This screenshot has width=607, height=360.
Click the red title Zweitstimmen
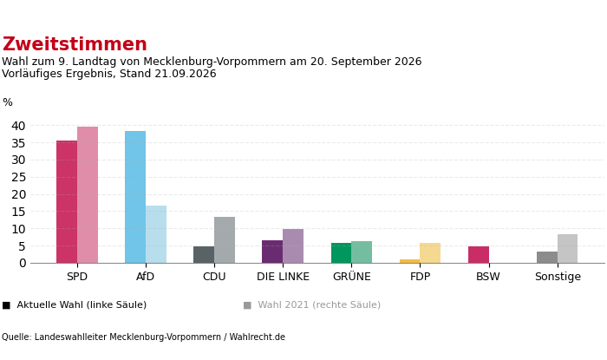coord(75,44)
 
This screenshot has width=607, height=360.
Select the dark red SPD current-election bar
coord(67,201)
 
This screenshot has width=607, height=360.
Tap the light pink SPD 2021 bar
coord(88,194)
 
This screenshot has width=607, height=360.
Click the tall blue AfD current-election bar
coord(135,197)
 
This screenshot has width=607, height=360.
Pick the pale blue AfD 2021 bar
coord(156,234)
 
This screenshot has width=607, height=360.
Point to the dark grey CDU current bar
coord(204,255)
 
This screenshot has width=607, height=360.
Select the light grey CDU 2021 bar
coord(225,240)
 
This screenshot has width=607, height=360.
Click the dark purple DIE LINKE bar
coord(272,252)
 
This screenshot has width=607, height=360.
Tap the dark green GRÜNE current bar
coord(341,253)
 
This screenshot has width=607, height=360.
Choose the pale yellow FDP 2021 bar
coord(430,253)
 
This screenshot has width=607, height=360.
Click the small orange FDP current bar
coord(409,261)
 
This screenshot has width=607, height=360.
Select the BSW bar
coord(479,255)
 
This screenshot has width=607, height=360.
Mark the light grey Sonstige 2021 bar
coord(567,248)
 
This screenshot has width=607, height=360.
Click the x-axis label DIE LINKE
coord(283,277)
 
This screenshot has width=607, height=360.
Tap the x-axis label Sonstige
coord(558,277)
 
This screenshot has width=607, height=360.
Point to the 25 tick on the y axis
coord(18,177)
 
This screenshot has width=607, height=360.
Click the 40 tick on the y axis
coord(18,126)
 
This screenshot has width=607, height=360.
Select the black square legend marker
coord(6,305)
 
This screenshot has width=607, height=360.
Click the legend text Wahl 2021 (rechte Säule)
coord(319,305)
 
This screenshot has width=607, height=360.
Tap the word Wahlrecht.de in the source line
coord(257,337)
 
